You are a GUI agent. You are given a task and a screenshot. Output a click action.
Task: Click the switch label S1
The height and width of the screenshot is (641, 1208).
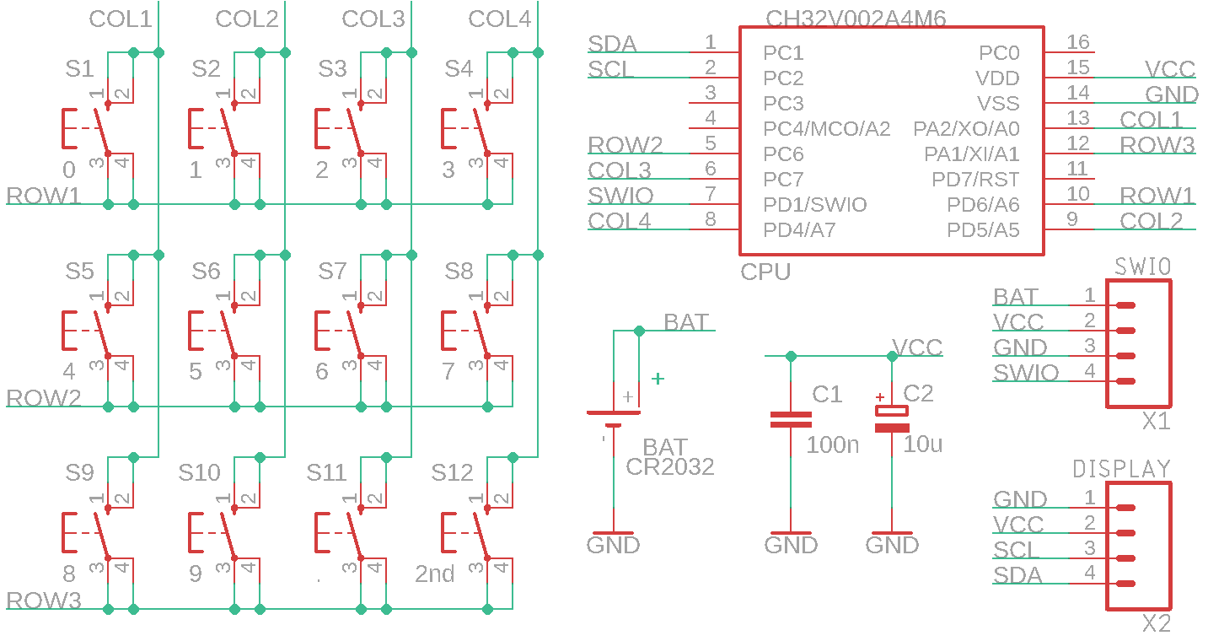[x=79, y=68]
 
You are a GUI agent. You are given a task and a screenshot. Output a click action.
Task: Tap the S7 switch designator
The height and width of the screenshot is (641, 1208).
[x=332, y=271]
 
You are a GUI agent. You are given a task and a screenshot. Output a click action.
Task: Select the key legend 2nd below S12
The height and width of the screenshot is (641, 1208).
[x=435, y=574]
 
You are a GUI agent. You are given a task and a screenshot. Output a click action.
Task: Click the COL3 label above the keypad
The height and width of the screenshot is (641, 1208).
[x=373, y=19]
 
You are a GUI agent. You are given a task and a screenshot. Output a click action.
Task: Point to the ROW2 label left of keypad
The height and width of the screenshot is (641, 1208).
[x=44, y=397]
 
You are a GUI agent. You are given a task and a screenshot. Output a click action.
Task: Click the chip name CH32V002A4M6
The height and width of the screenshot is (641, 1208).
[x=856, y=19]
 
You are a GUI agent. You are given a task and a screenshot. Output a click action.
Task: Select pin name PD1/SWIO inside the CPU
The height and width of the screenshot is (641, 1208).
[x=814, y=205]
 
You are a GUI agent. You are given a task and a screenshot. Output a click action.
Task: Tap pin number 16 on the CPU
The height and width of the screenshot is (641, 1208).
[x=1077, y=42]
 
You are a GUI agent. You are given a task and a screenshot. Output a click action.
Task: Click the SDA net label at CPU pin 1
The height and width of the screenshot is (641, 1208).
[x=612, y=44]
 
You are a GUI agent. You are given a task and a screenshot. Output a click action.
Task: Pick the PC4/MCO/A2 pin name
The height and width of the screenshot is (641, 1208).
[x=826, y=129]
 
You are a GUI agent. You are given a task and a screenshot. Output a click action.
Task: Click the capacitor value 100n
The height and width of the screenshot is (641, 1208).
[x=833, y=444]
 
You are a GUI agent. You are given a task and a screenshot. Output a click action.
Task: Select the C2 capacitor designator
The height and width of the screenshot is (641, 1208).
[x=918, y=393]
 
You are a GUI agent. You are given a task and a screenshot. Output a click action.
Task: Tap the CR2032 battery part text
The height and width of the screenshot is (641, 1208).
[x=670, y=466]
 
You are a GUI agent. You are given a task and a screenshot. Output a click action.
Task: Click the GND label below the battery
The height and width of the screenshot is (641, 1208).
[x=613, y=545]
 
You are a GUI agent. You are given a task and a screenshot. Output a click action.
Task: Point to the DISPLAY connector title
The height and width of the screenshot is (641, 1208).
[x=1121, y=469]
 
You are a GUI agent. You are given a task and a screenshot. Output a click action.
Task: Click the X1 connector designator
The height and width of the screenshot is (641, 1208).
[x=1156, y=421]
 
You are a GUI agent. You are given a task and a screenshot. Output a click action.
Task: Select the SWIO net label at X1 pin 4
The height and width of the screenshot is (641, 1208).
[x=1026, y=373]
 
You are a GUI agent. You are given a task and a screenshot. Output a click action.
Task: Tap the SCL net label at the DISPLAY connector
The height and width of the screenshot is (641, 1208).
[x=1017, y=550]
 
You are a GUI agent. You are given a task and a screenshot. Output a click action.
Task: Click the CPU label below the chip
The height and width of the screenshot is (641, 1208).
[x=765, y=272]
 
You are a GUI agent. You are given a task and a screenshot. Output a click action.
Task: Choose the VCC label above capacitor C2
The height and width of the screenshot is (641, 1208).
[x=917, y=347]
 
